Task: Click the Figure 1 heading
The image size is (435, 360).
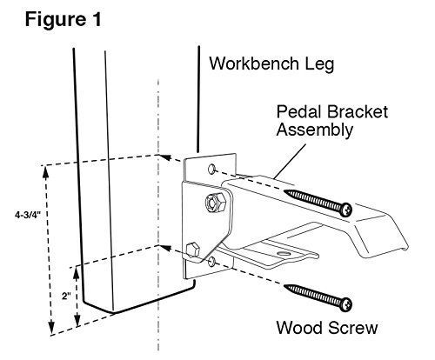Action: pos(64,20)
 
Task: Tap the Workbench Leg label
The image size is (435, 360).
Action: pos(271,63)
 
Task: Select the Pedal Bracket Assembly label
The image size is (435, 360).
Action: pos(332,121)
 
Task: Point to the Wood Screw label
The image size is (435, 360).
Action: pos(327,328)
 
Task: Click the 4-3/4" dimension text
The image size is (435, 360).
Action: pos(29,215)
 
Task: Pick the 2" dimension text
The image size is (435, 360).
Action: pos(66,297)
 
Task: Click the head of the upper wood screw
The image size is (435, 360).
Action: pos(346,210)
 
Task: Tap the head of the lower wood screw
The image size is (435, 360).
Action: pos(346,304)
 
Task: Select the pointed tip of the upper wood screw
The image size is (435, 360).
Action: pos(284,191)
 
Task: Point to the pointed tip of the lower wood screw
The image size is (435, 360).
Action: pos(284,286)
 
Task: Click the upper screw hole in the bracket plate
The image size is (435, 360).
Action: pos(212,169)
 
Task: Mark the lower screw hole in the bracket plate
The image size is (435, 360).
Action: pos(212,262)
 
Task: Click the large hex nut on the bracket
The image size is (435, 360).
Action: pos(215,202)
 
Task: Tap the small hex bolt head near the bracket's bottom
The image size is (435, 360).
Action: pos(192,250)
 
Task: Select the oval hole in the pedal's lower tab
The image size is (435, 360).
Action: pos(284,254)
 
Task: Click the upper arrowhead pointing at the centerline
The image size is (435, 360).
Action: pos(165,157)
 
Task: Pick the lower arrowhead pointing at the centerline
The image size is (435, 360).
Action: pos(165,249)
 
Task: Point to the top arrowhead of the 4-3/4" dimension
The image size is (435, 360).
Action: pos(45,172)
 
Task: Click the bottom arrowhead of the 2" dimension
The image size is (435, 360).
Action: pos(77,320)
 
